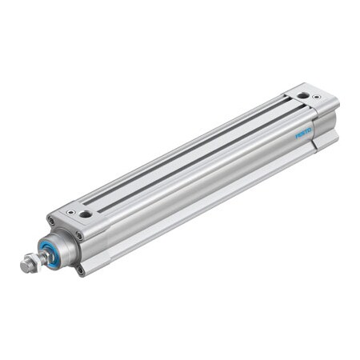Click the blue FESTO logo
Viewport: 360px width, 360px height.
[x=305, y=134]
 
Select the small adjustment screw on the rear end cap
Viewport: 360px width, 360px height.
[x=318, y=98]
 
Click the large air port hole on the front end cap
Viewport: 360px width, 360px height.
[x=85, y=213]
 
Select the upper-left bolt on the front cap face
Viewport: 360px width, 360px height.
[x=51, y=222]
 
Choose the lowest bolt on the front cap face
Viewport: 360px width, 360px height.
[x=81, y=270]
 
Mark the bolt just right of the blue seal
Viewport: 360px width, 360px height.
[x=78, y=237]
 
